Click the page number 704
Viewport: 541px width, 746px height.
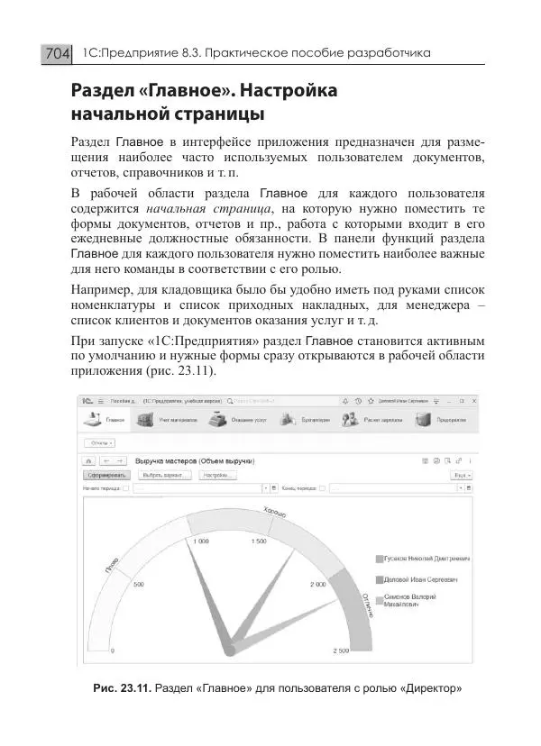tap(56, 54)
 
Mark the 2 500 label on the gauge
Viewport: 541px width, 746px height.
tap(341, 650)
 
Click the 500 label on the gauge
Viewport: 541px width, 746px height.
tap(139, 585)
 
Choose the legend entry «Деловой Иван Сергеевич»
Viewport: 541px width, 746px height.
tap(419, 579)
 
